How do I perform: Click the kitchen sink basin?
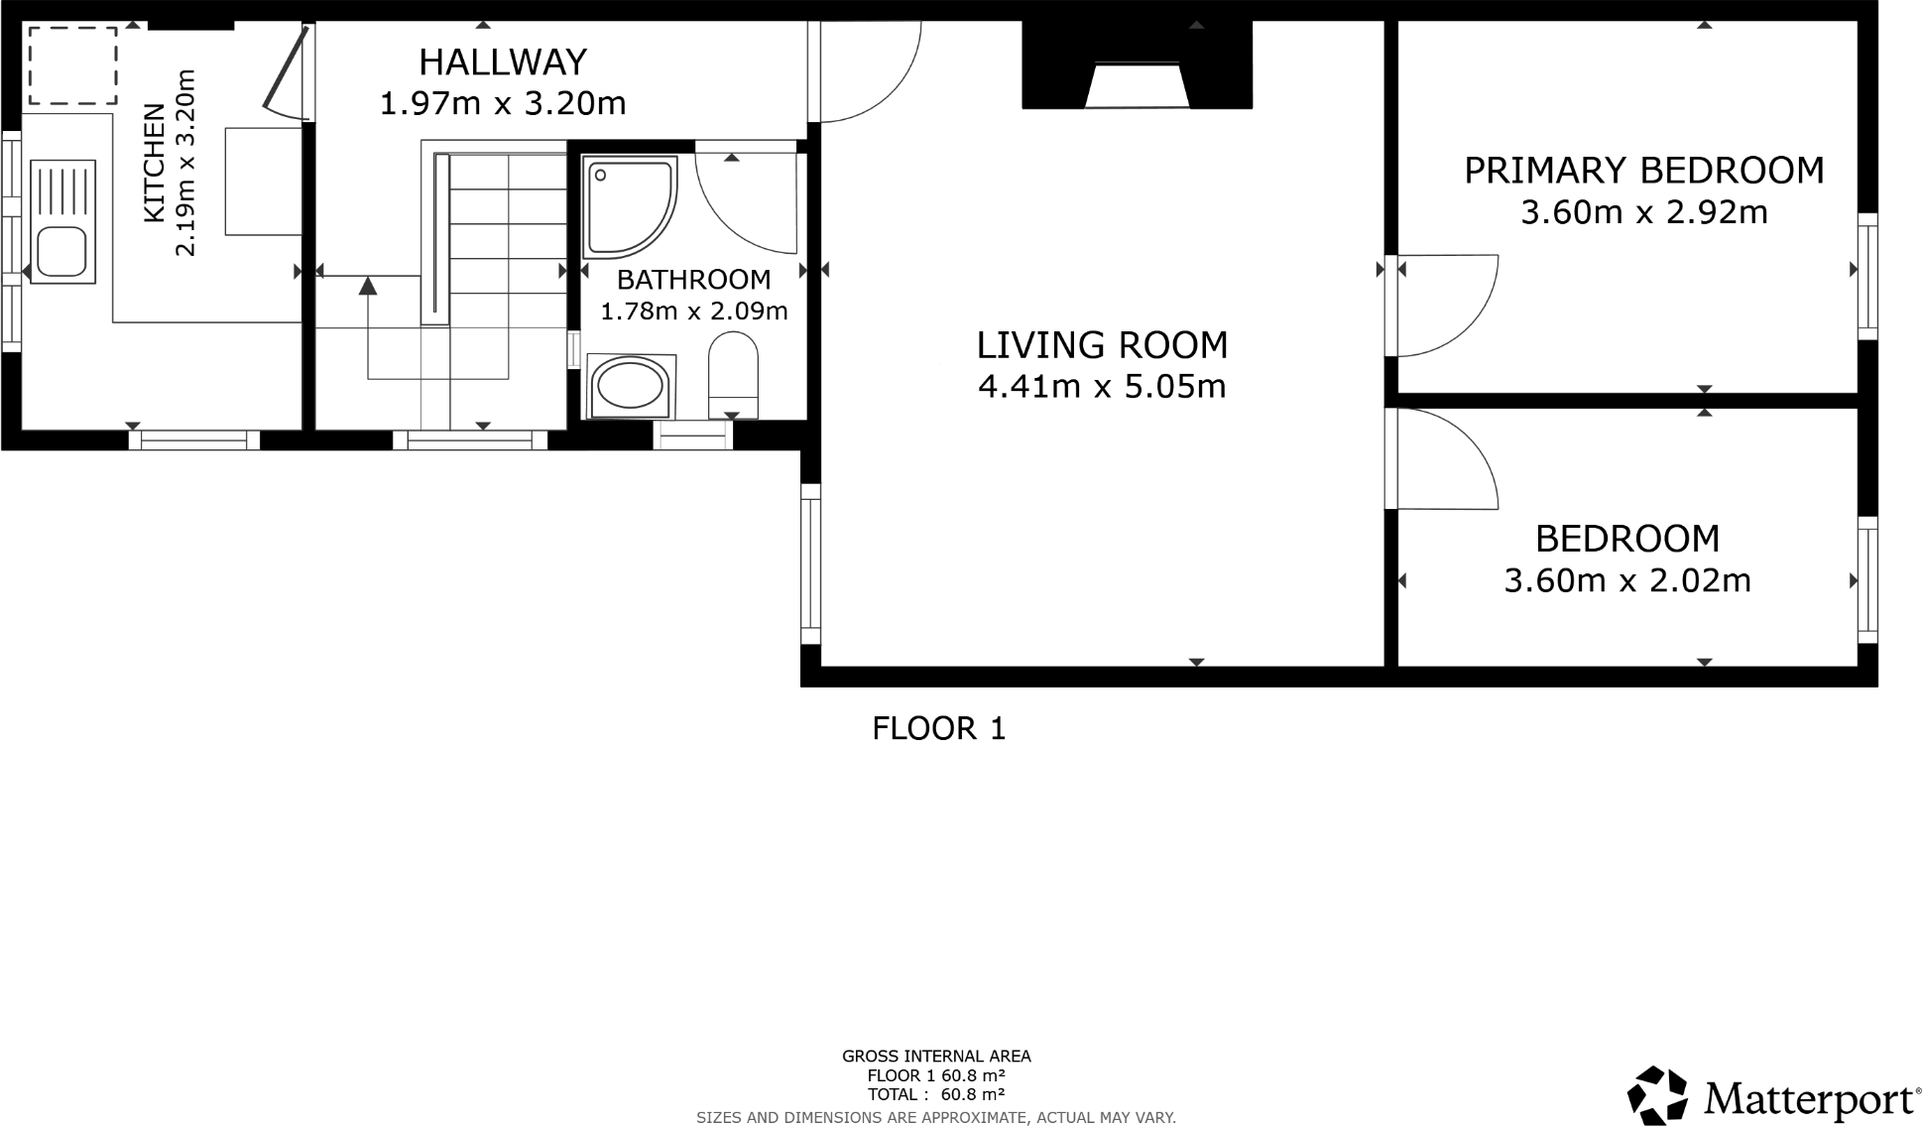pyautogui.click(x=61, y=252)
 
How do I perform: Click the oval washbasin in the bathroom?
pyautogui.click(x=631, y=386)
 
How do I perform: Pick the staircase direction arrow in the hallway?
pyautogui.click(x=368, y=287)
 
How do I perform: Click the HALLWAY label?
pyautogui.click(x=503, y=63)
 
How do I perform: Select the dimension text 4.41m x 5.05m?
pyautogui.click(x=1102, y=386)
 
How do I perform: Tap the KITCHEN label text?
pyautogui.click(x=155, y=164)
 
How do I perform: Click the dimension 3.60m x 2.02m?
pyautogui.click(x=1627, y=580)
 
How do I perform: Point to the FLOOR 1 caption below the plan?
pyautogui.click(x=938, y=729)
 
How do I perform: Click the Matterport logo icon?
pyautogui.click(x=1657, y=1096)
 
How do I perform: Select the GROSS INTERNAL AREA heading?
pyautogui.click(x=936, y=1057)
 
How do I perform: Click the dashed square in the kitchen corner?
pyautogui.click(x=72, y=65)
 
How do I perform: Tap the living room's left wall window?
pyautogui.click(x=810, y=563)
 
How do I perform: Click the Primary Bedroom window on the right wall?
pyautogui.click(x=1867, y=276)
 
